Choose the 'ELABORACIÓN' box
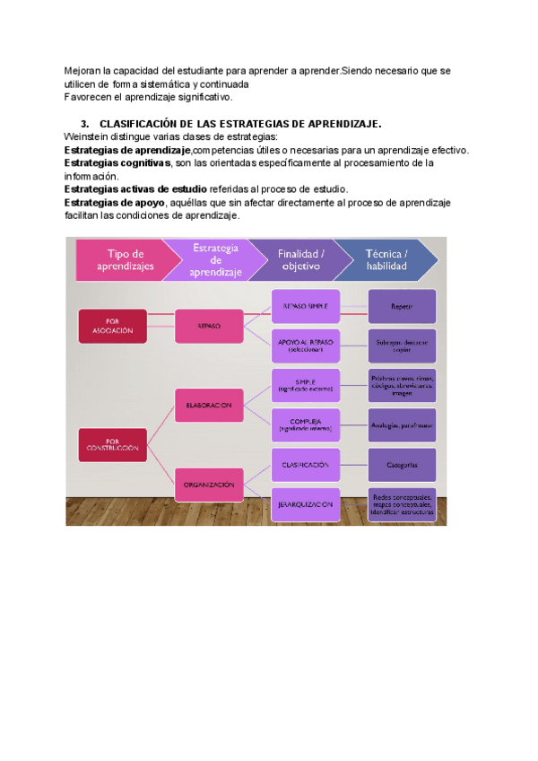tap(209, 405)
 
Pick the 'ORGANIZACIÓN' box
tap(209, 485)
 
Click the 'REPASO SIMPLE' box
tap(306, 306)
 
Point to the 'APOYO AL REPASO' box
tap(306, 345)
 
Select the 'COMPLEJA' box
tap(306, 425)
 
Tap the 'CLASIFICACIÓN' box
tap(306, 465)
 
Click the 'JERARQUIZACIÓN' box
tap(306, 504)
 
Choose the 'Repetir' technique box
tap(402, 306)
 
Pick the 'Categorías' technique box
tap(402, 465)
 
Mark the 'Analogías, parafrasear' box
tap(402, 425)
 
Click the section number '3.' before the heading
tap(85, 124)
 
